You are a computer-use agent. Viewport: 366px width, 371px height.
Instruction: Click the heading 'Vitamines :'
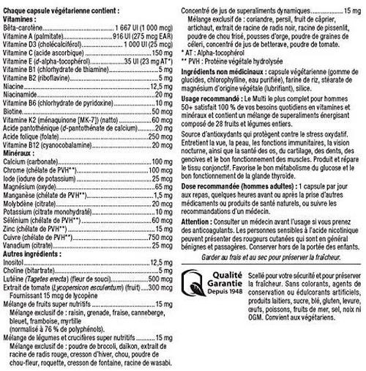click(x=20, y=15)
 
